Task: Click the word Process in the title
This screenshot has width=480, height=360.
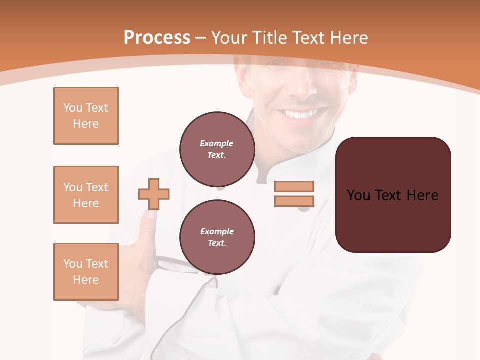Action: (x=157, y=38)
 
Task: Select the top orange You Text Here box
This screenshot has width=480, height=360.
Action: (x=86, y=116)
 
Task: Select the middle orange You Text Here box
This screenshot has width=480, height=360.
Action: (x=86, y=195)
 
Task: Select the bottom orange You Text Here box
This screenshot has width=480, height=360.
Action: (x=86, y=272)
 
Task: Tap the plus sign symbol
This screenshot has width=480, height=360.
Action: (x=154, y=194)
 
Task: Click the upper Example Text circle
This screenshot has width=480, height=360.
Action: (x=217, y=149)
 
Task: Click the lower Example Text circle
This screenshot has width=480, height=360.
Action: (x=217, y=237)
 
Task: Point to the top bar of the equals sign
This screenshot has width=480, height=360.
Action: (x=294, y=186)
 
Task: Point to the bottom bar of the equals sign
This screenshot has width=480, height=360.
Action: (x=294, y=201)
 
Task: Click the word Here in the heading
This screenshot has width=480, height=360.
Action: (x=347, y=38)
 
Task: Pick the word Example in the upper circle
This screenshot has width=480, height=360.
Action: (x=216, y=143)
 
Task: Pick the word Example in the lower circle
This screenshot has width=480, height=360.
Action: (x=217, y=231)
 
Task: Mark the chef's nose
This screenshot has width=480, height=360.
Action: (x=303, y=87)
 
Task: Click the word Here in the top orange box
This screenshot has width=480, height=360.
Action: (x=86, y=124)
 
